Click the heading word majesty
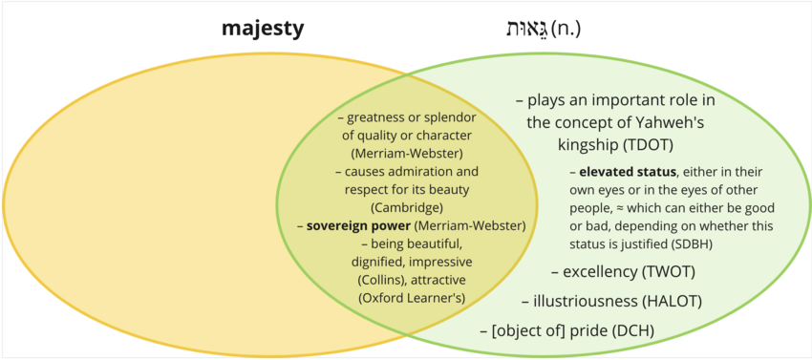tap(263, 29)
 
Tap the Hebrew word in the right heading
tap(525, 29)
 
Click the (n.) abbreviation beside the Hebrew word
tap(566, 29)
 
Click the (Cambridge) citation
tap(407, 207)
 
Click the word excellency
tap(599, 272)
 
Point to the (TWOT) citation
tap(667, 272)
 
